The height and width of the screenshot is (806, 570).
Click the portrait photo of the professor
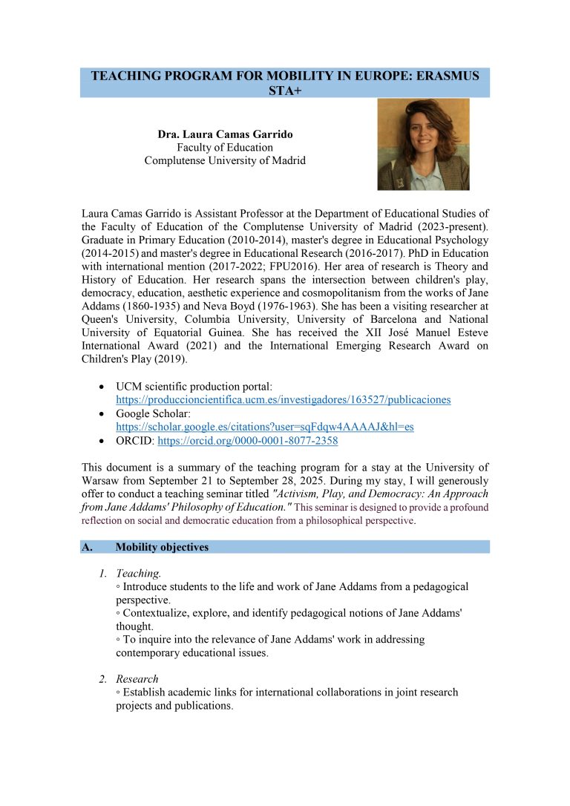(423, 145)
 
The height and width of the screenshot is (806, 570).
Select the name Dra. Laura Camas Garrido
(225, 134)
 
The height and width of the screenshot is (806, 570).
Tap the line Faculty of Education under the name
(225, 148)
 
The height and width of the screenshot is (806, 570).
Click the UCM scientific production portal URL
(283, 400)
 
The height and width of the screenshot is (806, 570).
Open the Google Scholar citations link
(264, 427)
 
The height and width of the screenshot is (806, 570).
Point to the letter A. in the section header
(86, 547)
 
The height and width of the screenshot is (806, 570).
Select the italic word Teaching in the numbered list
(138, 574)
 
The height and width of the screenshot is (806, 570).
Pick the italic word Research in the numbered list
(137, 679)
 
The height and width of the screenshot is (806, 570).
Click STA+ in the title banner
(284, 90)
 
